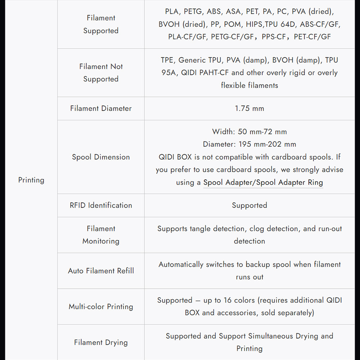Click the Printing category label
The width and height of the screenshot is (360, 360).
click(x=31, y=180)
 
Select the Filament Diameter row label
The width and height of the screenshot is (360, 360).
click(x=101, y=108)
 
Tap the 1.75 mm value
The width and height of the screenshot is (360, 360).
click(x=249, y=108)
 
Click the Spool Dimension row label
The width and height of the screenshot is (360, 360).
click(x=101, y=157)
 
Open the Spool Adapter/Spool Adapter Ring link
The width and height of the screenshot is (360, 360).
click(x=263, y=182)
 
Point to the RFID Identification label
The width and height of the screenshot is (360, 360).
click(x=101, y=205)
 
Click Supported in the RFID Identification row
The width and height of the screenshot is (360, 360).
click(x=249, y=205)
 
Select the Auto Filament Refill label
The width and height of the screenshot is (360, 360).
click(x=101, y=271)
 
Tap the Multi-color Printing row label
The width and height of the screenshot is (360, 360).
click(x=101, y=307)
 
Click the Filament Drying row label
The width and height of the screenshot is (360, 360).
click(x=101, y=342)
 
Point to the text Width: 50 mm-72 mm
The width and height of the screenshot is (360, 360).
click(x=249, y=132)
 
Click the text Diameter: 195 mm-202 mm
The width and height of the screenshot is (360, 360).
click(x=249, y=144)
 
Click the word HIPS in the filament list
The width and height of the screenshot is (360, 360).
click(x=255, y=24)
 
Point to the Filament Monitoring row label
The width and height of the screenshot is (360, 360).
click(x=101, y=235)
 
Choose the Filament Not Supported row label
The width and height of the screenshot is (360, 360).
click(x=101, y=73)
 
